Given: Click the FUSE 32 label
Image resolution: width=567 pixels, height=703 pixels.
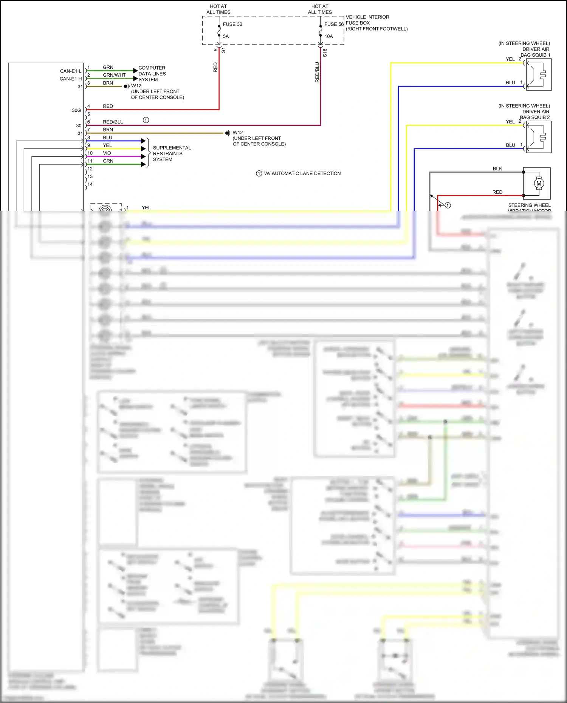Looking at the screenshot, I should [232, 24].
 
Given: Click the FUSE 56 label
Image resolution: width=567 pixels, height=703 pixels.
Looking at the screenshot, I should [334, 24].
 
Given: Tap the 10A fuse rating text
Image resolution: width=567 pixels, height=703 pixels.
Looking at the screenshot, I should [328, 37].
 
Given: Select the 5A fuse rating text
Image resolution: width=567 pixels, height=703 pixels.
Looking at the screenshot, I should [226, 37].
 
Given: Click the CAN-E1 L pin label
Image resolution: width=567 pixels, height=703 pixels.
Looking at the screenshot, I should [70, 71].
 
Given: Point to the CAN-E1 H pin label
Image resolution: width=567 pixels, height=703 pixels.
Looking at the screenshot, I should [70, 79].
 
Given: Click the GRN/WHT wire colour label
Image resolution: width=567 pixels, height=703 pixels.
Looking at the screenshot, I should [114, 75].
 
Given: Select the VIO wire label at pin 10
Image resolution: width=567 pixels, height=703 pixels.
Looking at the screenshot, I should [107, 153].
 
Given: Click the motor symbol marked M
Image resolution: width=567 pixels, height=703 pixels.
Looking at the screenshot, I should [539, 184].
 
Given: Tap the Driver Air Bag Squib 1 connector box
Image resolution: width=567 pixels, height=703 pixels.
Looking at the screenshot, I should [539, 75].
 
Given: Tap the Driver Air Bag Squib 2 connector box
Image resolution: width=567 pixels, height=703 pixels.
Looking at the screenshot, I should [539, 137].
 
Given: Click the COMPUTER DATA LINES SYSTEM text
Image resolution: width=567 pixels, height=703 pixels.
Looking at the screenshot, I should [152, 74].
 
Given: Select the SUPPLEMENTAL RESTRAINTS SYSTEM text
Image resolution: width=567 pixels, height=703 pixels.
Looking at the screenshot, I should [172, 154].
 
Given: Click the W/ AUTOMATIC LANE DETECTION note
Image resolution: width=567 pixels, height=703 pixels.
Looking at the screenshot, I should [302, 174].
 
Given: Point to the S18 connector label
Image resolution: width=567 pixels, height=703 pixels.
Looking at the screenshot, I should [325, 53].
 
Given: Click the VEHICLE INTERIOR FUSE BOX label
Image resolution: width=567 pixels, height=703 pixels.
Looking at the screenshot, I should [376, 23].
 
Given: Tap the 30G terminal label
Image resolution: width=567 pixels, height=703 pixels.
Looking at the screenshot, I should [76, 110].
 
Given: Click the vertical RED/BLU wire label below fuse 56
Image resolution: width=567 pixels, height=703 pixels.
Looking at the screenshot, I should [317, 72].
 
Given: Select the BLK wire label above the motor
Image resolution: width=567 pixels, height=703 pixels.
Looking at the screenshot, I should [497, 169].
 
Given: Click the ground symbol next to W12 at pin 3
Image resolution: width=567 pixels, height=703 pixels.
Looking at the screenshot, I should [127, 87].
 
